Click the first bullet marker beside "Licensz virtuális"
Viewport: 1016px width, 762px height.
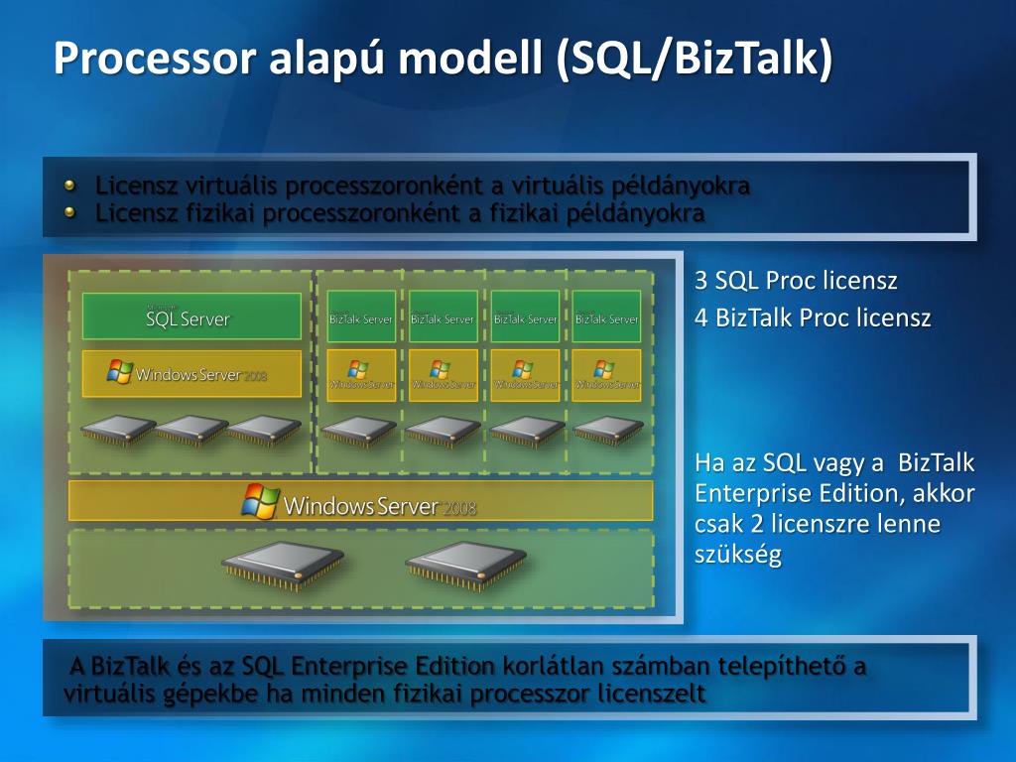[69, 186]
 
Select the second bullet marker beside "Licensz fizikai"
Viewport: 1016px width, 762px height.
[69, 211]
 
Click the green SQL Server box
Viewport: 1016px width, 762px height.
[190, 317]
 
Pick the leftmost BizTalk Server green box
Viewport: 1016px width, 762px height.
[361, 317]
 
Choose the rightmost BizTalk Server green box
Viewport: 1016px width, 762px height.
[606, 317]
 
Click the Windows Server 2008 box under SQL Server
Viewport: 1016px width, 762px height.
[190, 374]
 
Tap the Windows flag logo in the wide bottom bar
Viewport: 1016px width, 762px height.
[260, 502]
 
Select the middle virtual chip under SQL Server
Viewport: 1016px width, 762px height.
[191, 430]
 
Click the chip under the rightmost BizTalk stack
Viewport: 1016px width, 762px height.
[607, 430]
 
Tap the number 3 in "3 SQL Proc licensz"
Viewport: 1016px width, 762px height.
[700, 281]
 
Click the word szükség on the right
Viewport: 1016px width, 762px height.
[737, 554]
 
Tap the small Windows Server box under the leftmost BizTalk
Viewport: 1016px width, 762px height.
[361, 374]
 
